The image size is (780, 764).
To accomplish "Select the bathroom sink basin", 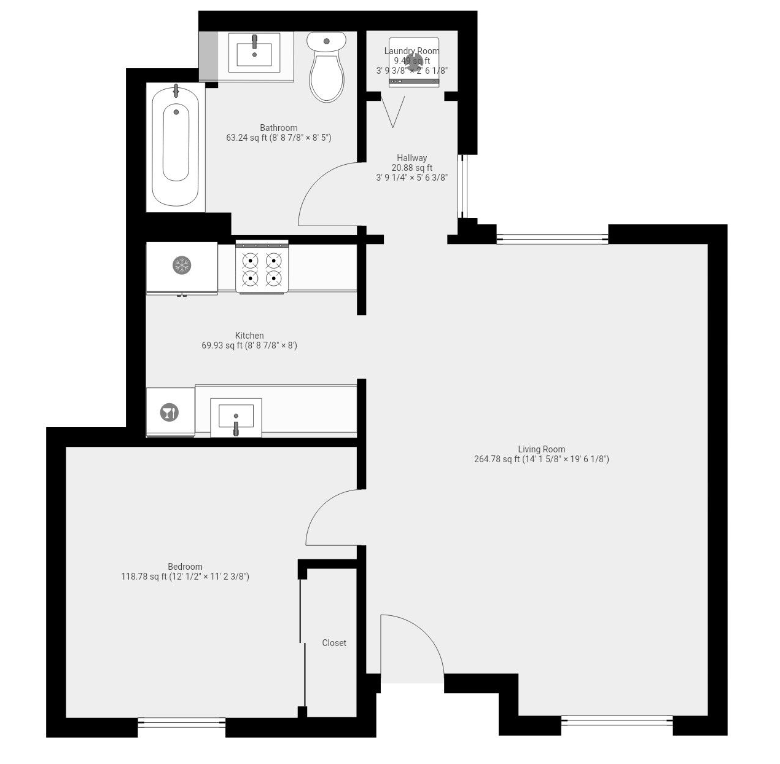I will point(254,52).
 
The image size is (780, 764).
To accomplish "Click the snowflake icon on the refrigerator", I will point(182,266).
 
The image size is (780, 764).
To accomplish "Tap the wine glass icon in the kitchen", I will point(169,412).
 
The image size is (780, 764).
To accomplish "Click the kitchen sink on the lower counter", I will point(236,417).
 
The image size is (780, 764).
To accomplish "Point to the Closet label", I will point(334,643).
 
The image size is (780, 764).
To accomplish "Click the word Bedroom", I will point(185,567).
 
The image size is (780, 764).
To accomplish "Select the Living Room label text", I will point(541,449).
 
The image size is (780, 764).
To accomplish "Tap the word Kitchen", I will point(249,336).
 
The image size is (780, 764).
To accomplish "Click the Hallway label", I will point(411,158).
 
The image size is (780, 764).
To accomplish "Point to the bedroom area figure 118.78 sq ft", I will point(144,577).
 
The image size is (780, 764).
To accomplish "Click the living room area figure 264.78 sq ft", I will point(497,459).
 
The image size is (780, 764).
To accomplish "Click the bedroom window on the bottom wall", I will point(182,723).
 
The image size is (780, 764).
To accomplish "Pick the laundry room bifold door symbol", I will point(392,109).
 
